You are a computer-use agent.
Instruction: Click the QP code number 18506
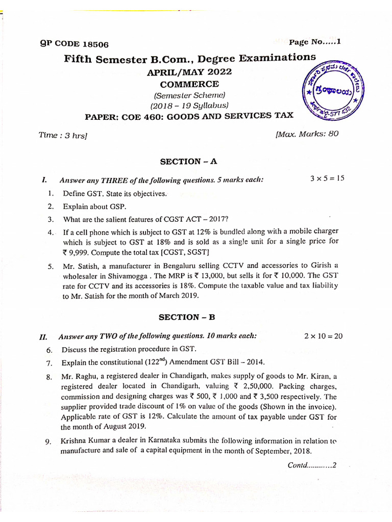pyautogui.click(x=93, y=44)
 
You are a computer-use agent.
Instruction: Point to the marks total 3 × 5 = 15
pyautogui.click(x=327, y=178)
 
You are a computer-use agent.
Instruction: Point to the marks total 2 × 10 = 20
pyautogui.click(x=323, y=336)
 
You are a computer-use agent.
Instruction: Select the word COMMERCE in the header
pyautogui.click(x=189, y=84)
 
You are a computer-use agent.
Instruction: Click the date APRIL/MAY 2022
pyautogui.click(x=189, y=72)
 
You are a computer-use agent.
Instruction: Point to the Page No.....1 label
pyautogui.click(x=314, y=42)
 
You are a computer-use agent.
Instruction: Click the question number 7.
pyautogui.click(x=50, y=363)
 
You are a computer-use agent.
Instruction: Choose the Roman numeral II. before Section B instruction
pyautogui.click(x=43, y=337)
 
